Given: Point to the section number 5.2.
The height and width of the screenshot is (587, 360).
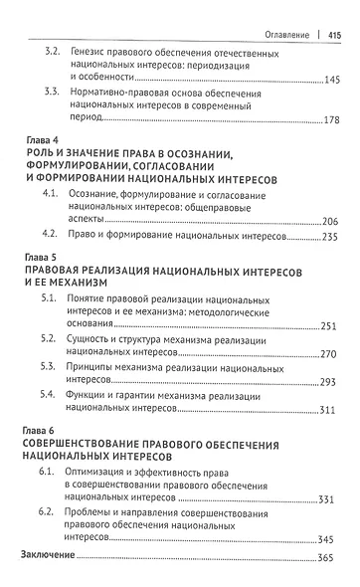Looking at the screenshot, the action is (53, 339).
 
